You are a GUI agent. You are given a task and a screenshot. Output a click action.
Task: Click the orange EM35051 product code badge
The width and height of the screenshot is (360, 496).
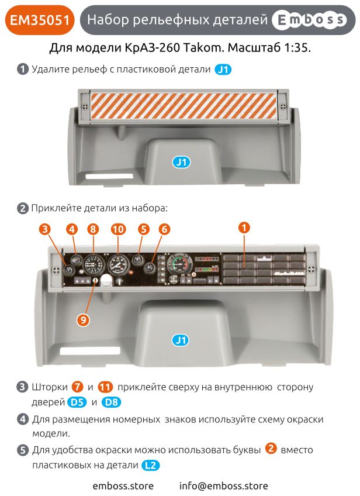pyautogui.click(x=40, y=20)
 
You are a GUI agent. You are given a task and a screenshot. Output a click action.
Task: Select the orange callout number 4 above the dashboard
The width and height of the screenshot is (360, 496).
pyautogui.click(x=71, y=230)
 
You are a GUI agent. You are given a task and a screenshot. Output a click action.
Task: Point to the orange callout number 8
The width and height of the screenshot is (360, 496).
pyautogui.click(x=92, y=230)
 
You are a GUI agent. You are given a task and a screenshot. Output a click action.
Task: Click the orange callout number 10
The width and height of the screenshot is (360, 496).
pyautogui.click(x=119, y=230)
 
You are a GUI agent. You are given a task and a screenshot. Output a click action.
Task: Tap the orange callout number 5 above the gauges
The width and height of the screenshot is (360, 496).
pyautogui.click(x=143, y=230)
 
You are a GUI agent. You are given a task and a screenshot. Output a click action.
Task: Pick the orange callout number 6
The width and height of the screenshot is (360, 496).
pyautogui.click(x=164, y=230)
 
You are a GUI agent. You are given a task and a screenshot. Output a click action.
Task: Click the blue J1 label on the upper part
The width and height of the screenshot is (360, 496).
pyautogui.click(x=182, y=162)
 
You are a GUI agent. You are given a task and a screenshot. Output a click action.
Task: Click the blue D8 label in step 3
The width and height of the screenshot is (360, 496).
pyautogui.click(x=111, y=402)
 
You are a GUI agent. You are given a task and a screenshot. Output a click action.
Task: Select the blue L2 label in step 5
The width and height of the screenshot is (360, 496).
pyautogui.click(x=150, y=465)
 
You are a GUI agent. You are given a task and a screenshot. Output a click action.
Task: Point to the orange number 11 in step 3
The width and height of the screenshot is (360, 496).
pyautogui.click(x=105, y=387)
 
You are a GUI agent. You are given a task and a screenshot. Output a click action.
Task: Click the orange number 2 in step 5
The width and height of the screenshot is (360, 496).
pyautogui.click(x=271, y=449)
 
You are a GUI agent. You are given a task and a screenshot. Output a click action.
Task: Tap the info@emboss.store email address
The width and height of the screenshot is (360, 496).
pyautogui.click(x=223, y=485)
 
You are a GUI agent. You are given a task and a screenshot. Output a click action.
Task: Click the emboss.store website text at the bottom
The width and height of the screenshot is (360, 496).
pyautogui.click(x=123, y=485)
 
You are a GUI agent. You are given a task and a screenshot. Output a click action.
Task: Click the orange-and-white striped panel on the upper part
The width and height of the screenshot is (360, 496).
pyautogui.click(x=182, y=106)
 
